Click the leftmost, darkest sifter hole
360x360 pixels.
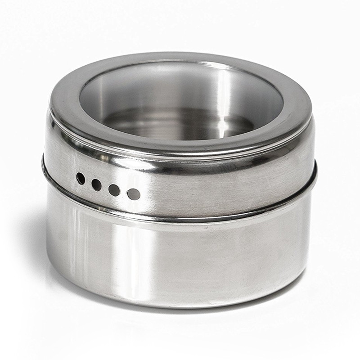[x=81, y=179]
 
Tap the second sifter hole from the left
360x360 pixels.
[x=96, y=184]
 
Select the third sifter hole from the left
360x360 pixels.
[x=114, y=189]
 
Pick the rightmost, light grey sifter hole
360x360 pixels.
[x=134, y=194]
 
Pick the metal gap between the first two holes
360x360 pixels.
[x=88, y=181]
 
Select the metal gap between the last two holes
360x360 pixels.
[x=124, y=192]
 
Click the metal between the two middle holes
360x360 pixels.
[x=105, y=187]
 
